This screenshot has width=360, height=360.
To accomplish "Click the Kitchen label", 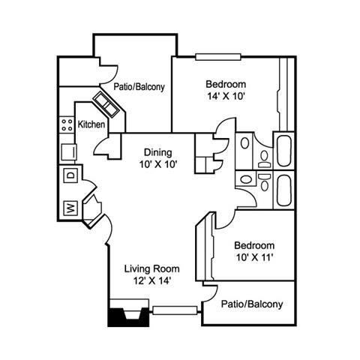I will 91,124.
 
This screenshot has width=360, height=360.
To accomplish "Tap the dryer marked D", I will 70,175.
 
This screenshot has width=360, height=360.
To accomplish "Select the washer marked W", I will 70,208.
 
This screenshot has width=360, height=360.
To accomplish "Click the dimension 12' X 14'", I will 151,281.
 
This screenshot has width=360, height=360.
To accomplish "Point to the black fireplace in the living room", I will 126,314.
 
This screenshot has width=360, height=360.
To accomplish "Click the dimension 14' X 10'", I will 226,97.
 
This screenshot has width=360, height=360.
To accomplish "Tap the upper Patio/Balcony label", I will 139,86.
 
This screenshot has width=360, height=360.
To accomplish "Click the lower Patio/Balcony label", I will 252,304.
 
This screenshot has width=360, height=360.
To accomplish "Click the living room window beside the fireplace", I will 175,309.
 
